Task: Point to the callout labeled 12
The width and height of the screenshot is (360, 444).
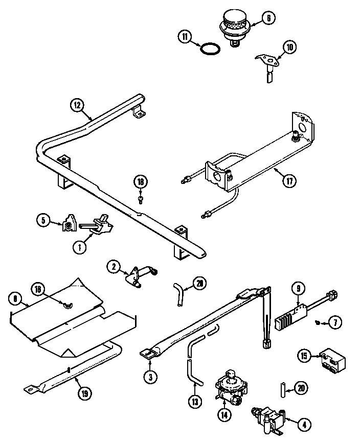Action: coord(77,105)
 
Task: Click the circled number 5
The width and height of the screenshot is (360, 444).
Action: coord(43,221)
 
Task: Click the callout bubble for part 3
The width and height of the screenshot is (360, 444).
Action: coord(150,378)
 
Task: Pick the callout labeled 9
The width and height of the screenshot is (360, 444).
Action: coord(298,288)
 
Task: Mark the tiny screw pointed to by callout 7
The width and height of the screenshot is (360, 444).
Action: coord(318,323)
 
